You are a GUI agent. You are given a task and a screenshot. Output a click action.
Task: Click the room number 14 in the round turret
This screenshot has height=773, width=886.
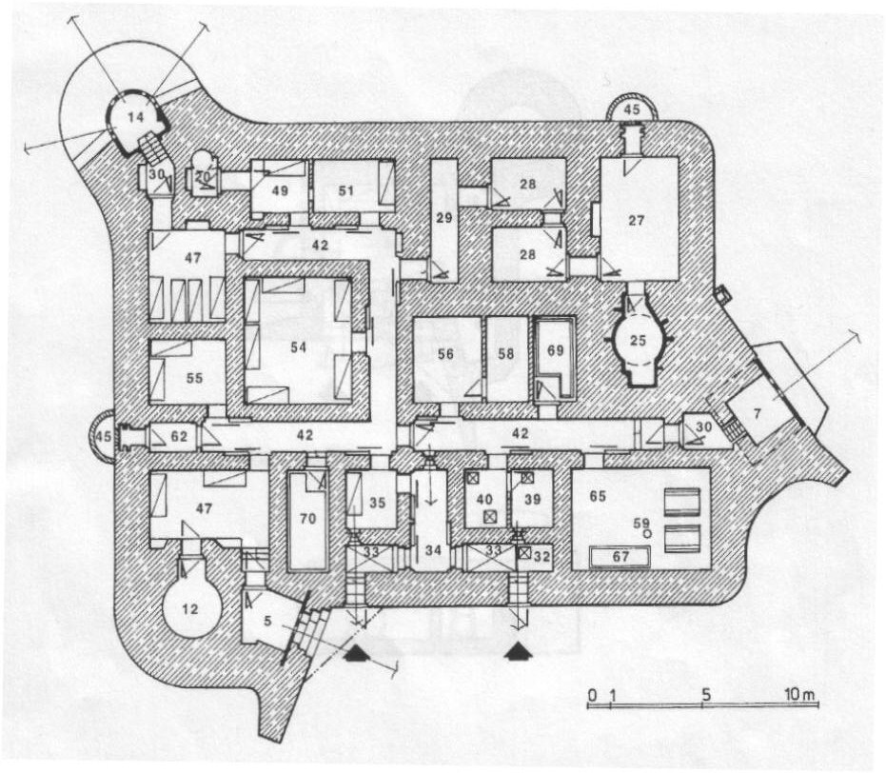click(x=135, y=117)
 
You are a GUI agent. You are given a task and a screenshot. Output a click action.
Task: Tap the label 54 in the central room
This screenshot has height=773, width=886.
click(x=299, y=347)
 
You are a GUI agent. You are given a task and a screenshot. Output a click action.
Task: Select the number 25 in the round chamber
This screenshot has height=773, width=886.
click(x=638, y=340)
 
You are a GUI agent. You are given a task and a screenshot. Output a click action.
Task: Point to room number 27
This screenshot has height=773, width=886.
click(x=637, y=220)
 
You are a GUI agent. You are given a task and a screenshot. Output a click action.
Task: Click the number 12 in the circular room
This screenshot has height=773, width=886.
click(x=190, y=609)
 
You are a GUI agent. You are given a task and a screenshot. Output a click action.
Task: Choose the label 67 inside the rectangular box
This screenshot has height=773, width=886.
click(x=620, y=557)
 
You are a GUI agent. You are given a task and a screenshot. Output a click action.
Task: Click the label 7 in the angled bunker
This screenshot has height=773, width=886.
click(x=758, y=414)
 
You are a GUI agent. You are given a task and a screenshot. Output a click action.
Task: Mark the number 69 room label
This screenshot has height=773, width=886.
click(x=555, y=350)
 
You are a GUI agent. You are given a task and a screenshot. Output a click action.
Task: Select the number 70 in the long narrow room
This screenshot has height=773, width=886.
click(x=308, y=518)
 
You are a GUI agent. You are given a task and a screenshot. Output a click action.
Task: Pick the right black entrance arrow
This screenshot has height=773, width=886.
click(x=519, y=653)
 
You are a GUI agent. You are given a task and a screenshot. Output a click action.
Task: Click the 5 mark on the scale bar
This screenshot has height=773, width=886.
click(x=706, y=695)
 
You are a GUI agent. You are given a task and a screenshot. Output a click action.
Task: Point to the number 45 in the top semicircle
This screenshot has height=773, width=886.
click(x=632, y=109)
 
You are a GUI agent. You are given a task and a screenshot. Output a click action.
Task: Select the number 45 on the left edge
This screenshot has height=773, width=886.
click(x=103, y=436)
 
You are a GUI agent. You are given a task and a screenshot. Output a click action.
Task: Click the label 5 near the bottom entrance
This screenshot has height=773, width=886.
click(x=267, y=621)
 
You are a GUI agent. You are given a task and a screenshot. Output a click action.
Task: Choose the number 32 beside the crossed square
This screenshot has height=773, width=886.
click(x=541, y=556)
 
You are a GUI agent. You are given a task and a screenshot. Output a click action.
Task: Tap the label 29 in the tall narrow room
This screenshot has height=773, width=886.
click(x=444, y=218)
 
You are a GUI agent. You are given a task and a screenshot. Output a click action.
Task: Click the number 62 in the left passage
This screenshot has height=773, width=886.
click(x=179, y=436)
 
